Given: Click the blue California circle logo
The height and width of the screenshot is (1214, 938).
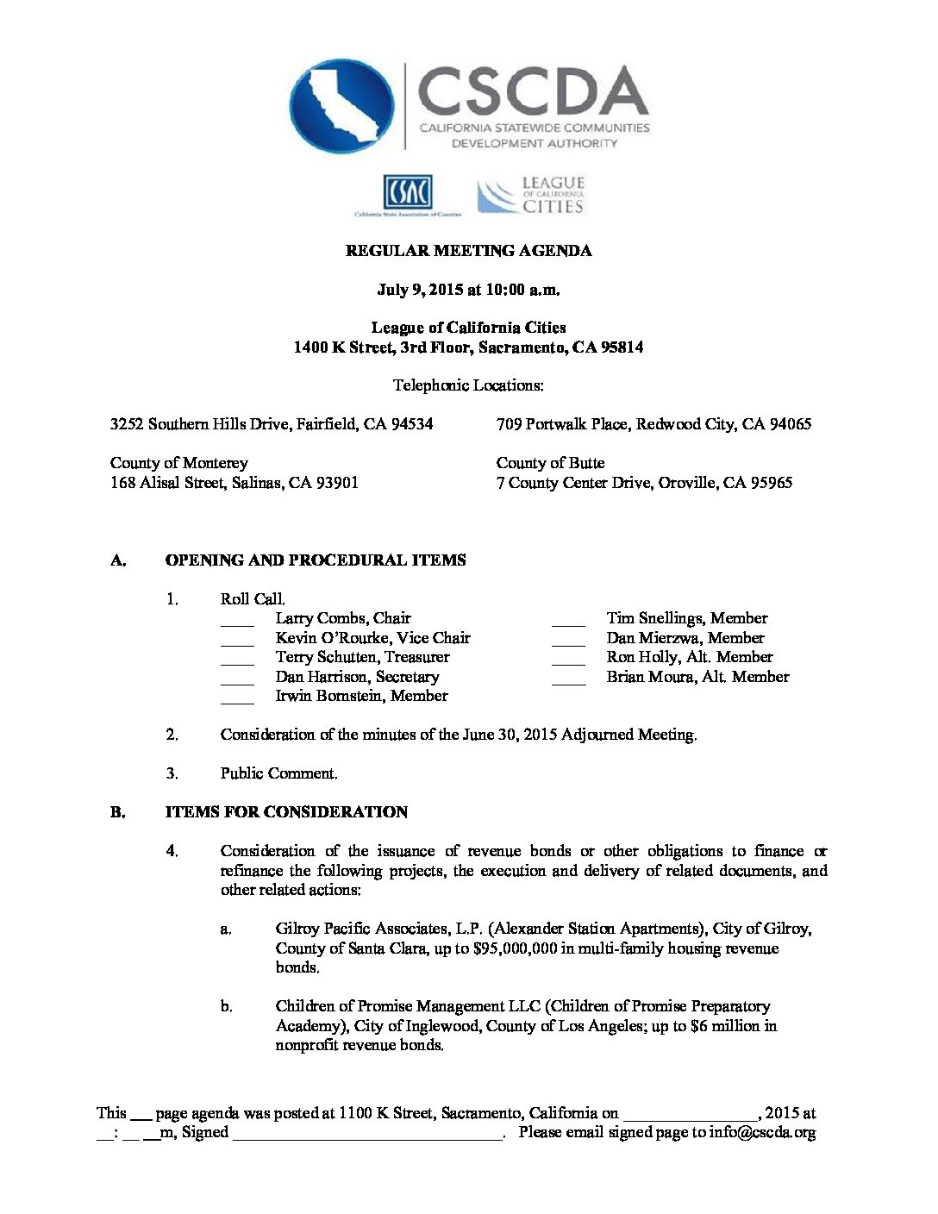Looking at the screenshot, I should (342, 106).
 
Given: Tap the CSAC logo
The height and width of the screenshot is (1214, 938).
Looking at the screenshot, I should (408, 192).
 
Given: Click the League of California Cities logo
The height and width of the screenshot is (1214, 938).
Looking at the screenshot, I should (531, 196).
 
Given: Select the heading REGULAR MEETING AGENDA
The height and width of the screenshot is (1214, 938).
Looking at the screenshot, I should (468, 251).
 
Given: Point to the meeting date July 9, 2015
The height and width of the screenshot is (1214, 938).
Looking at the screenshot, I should (421, 290).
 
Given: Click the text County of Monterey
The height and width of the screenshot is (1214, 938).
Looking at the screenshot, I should (178, 463).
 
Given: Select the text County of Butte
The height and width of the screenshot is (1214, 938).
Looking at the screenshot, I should (550, 463).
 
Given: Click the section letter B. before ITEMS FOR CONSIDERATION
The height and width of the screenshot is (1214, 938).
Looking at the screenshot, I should (118, 812).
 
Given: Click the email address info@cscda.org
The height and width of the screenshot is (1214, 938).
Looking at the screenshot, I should (762, 1133).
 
